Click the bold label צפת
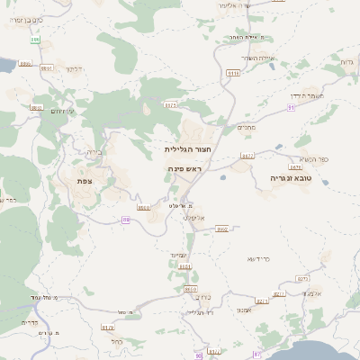(85, 181)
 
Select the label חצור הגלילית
(188, 149)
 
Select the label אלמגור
(312, 292)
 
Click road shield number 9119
(234, 73)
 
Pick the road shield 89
(125, 219)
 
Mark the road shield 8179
(108, 328)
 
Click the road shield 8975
(170, 104)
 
